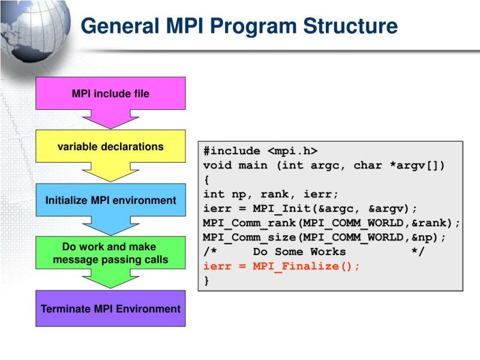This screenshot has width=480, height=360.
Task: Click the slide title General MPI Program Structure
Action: [239, 26]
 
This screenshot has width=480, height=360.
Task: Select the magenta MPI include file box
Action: [110, 94]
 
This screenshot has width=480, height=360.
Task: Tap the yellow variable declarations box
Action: [110, 146]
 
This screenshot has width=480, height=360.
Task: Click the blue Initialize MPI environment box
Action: [110, 200]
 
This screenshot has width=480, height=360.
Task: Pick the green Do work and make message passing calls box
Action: [110, 253]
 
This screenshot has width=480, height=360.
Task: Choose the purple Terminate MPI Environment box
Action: [110, 308]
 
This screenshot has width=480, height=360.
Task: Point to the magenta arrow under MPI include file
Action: [110, 120]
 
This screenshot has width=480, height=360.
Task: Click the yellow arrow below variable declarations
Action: [110, 173]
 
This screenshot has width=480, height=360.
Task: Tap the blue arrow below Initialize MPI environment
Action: [110, 226]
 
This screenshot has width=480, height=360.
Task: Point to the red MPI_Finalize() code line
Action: [282, 266]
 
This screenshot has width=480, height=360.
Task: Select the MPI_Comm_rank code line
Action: [332, 223]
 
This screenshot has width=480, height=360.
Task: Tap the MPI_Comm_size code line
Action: [325, 238]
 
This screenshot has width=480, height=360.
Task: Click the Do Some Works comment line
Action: [313, 252]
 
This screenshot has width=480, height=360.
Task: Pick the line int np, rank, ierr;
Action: [271, 194]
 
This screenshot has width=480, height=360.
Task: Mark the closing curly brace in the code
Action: [207, 281]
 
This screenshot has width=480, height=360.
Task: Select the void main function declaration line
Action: [324, 166]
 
